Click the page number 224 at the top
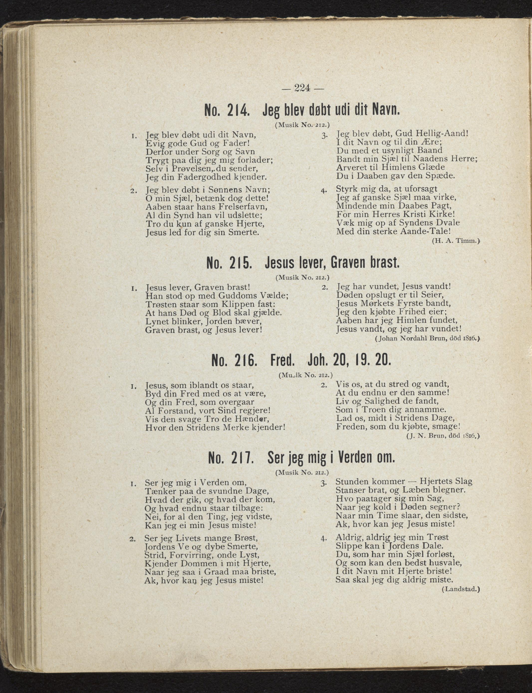302,88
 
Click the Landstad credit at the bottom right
461,589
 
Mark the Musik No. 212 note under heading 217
302,473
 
